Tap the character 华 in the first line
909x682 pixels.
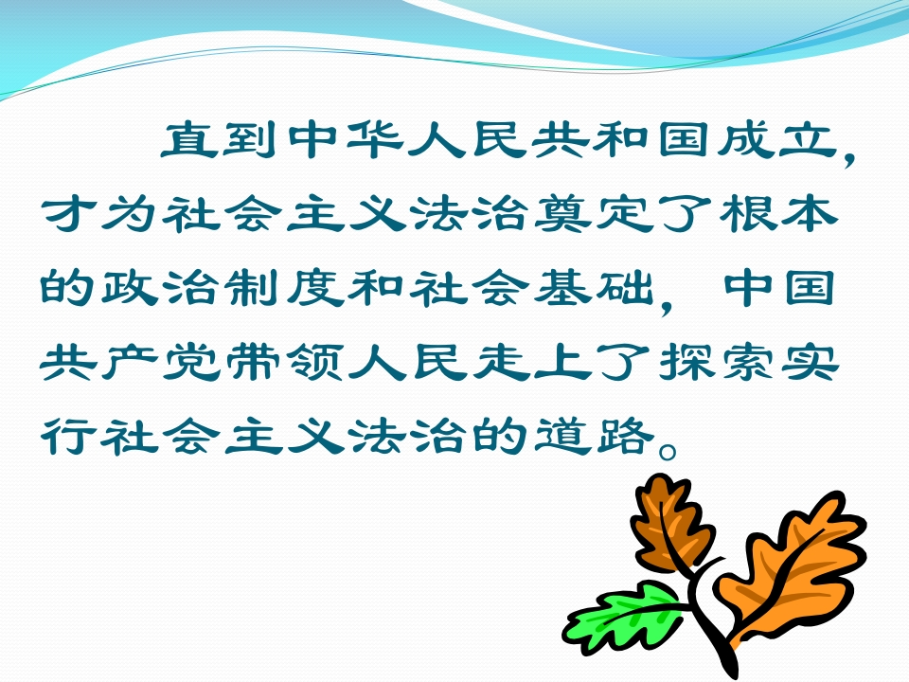[x=375, y=140]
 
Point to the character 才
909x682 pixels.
[x=67, y=214]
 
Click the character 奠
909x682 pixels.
[x=561, y=214]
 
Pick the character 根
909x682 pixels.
[x=747, y=214]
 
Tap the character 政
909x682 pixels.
[x=130, y=288]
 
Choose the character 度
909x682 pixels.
[x=314, y=288]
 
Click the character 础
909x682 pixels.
[x=624, y=288]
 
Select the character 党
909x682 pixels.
[x=190, y=362]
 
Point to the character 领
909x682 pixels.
[x=314, y=362]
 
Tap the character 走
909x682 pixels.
[x=500, y=362]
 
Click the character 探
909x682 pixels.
[x=686, y=362]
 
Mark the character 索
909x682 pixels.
[x=747, y=362]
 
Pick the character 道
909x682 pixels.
[x=561, y=436]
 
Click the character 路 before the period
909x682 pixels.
[x=624, y=436]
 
